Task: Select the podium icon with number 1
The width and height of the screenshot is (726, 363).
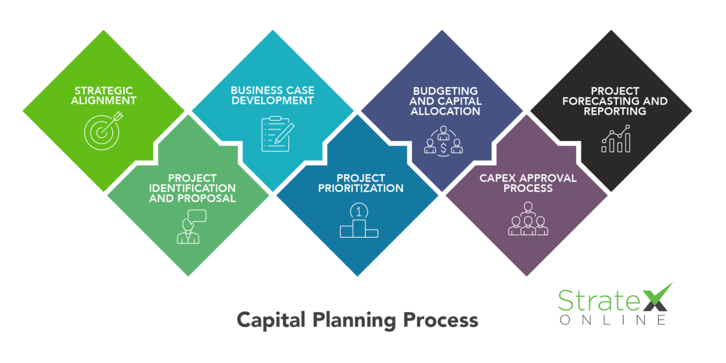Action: coord(358,222)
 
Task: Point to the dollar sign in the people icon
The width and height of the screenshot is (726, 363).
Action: coord(443,146)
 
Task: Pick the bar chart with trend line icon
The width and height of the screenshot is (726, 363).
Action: coord(616,139)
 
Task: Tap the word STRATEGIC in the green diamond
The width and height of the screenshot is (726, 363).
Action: coord(104,91)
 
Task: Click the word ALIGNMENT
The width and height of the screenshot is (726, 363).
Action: coord(104,100)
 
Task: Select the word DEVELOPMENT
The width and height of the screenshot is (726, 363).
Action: coord(273,100)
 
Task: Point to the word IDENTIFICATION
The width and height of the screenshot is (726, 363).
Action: coord(192,188)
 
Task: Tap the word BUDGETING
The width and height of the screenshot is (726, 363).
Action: coord(443,91)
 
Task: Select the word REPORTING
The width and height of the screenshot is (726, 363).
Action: coord(615,111)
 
